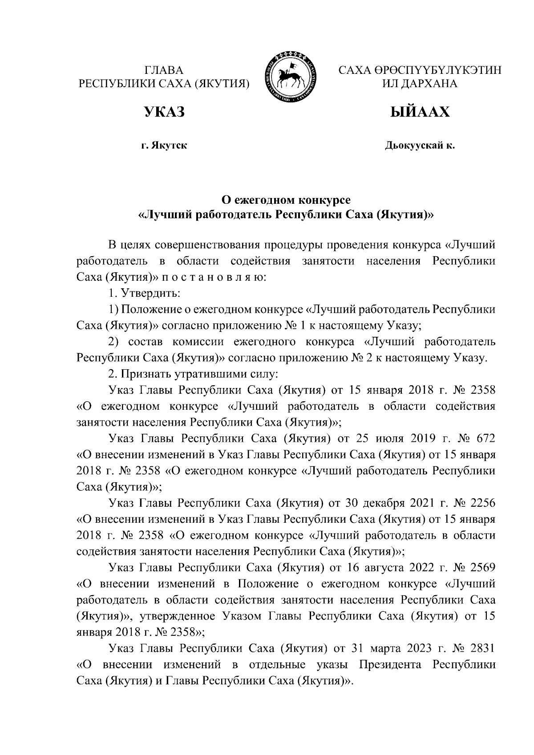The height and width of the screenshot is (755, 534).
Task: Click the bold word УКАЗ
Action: (164, 112)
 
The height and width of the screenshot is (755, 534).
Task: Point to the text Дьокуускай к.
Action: (420, 145)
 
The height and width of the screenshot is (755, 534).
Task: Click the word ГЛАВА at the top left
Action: (164, 70)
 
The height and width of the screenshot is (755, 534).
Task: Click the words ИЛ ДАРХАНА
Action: (420, 84)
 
